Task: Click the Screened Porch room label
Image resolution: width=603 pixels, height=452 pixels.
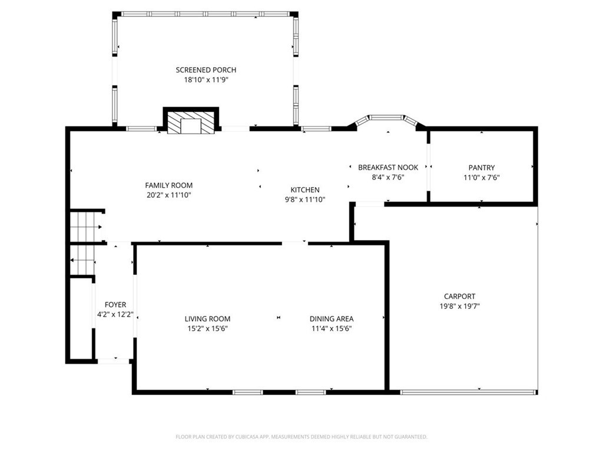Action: (206, 70)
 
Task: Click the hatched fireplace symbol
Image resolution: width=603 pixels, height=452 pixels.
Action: (191, 123)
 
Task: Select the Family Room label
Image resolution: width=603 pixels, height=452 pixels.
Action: (169, 185)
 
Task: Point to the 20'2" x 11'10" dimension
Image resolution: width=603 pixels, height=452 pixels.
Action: (169, 195)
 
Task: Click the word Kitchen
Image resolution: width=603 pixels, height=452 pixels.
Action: (305, 190)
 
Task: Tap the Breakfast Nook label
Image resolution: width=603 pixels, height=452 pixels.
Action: (388, 168)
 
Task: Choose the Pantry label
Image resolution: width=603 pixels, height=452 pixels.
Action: (482, 168)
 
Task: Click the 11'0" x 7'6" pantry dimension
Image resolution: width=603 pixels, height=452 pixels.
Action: (482, 178)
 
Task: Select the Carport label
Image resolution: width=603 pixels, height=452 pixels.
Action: (459, 297)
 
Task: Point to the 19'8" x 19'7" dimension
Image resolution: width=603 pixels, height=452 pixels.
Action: (459, 306)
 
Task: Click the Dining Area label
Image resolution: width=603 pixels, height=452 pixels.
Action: (332, 318)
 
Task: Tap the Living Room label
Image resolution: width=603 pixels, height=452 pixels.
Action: (207, 318)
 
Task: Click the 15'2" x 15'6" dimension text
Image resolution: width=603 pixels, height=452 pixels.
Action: (207, 328)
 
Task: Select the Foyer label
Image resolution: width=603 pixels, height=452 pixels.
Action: (115, 305)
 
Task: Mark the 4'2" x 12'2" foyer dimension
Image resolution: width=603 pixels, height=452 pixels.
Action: (115, 314)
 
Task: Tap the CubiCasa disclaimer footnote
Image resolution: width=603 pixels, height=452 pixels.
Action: (301, 437)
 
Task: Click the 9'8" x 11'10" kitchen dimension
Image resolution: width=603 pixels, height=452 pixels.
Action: (305, 200)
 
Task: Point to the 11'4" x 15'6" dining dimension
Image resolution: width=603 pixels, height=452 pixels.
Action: (332, 328)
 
